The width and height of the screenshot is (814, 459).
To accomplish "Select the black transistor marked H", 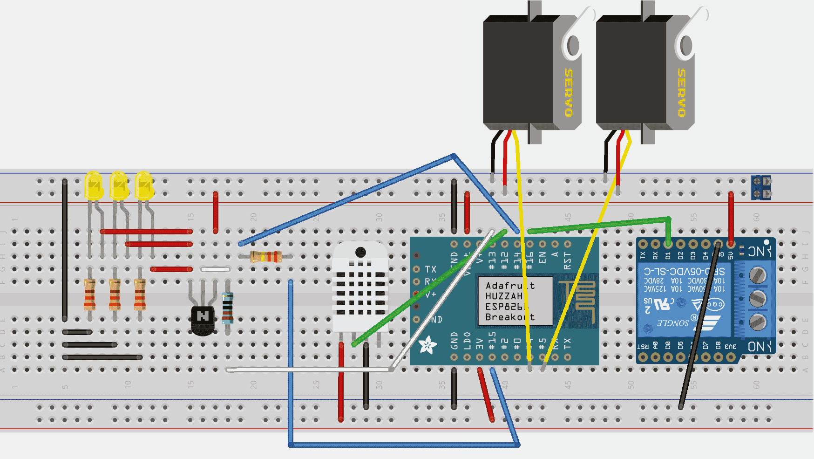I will [x=203, y=319].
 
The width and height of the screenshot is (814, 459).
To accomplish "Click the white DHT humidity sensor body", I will [x=360, y=289].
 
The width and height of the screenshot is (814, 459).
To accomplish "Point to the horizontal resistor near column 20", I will [x=265, y=256].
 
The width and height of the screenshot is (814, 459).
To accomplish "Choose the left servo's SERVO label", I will [x=569, y=92].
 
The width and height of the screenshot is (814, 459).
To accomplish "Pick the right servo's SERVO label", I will [x=682, y=92].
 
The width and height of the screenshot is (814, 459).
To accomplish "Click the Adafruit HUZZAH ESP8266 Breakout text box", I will [x=514, y=301].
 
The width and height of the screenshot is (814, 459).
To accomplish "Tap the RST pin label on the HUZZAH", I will [x=567, y=261].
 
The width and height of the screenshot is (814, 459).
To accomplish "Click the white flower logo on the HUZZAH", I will [x=427, y=345].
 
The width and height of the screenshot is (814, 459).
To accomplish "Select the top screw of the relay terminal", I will [x=758, y=275].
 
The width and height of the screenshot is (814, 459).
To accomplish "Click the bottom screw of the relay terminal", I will [x=758, y=322].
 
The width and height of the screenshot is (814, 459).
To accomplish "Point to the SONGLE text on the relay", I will [x=672, y=322].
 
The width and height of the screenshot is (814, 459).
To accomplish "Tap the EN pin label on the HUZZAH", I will [x=542, y=258].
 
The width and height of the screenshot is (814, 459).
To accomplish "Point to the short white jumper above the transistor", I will [x=215, y=269].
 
